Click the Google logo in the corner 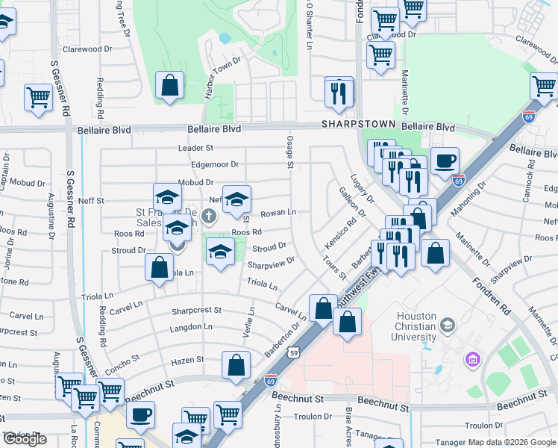(25, 439)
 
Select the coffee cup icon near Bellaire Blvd (445, 161)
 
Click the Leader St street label (195, 149)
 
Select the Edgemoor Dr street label (215, 164)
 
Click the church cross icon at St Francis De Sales (208, 217)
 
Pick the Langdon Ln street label (192, 327)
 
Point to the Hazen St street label (187, 360)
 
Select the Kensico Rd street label (340, 234)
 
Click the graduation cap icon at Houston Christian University (447, 325)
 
